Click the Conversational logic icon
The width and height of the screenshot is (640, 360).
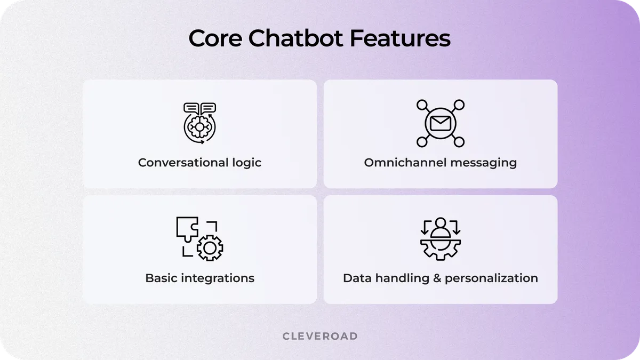click(199, 123)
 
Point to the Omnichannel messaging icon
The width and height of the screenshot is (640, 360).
click(440, 123)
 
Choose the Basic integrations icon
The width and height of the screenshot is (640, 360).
click(199, 238)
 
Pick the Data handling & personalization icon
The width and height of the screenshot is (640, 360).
click(440, 238)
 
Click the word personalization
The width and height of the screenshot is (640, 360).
click(491, 278)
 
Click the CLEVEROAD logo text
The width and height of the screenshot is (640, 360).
click(319, 336)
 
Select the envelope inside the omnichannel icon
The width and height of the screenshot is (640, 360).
click(440, 124)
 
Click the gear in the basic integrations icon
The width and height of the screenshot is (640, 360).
click(210, 247)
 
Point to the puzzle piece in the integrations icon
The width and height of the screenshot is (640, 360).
click(188, 228)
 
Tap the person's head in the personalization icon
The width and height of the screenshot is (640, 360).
click(440, 223)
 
